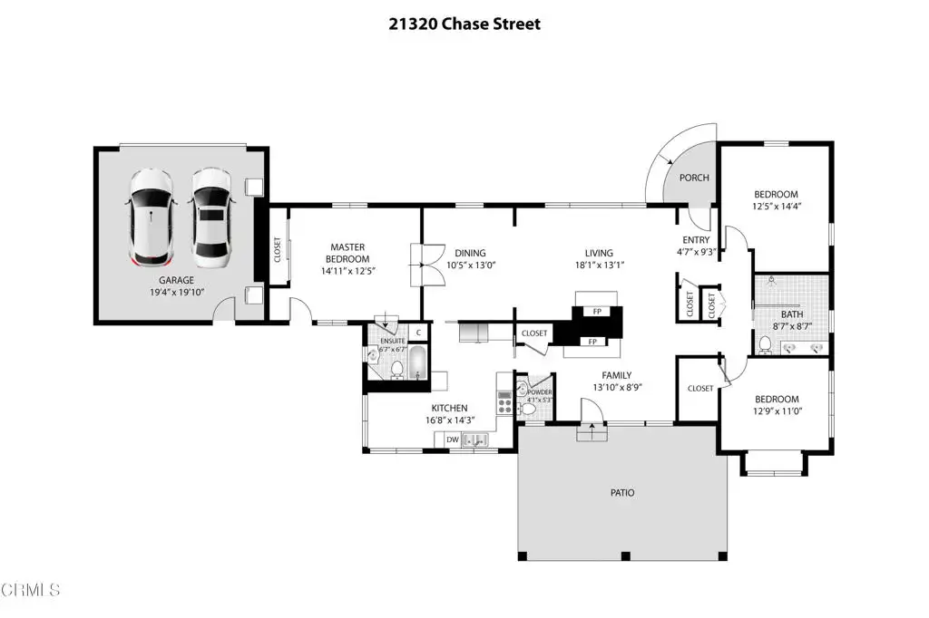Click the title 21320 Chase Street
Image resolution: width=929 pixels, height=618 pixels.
coord(464,24)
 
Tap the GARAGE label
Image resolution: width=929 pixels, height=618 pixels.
coord(176,280)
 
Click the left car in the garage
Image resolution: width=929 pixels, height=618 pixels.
coord(151,218)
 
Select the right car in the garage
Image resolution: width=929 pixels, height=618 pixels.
coord(211,218)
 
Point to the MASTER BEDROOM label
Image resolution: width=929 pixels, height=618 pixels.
coord(347,253)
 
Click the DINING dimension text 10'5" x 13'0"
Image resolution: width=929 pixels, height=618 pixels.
coord(471,266)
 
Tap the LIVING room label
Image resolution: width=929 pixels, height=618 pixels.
coord(599,253)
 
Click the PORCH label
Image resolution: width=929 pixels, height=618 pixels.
coord(694,178)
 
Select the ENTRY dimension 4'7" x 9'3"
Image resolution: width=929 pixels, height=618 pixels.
coord(696,252)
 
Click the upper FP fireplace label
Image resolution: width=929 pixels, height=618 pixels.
coord(597,312)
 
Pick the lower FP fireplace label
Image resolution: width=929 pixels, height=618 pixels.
coord(592,342)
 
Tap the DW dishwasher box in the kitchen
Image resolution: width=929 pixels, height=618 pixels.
coord(453,439)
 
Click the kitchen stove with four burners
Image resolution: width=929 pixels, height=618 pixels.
coord(504,402)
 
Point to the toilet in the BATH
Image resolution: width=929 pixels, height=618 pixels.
coord(765,345)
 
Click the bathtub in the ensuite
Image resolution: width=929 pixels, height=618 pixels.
coord(417,362)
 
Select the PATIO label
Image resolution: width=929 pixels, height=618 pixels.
coord(622,493)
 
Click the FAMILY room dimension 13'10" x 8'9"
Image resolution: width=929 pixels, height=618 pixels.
coord(617,387)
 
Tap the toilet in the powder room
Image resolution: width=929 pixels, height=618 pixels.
coord(527,409)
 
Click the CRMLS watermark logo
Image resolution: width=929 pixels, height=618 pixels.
coord(30,590)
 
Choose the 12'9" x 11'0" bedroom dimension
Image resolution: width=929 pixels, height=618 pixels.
coord(777,410)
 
